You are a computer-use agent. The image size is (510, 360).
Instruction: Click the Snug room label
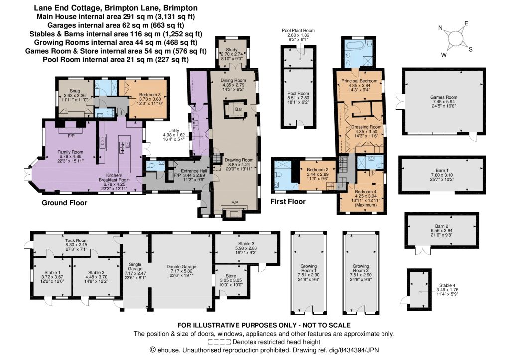(x=75, y=91)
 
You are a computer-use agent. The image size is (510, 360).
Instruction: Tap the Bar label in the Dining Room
(x=239, y=109)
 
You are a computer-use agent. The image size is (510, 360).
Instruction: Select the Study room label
(x=232, y=50)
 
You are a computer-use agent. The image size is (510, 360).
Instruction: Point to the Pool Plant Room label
(x=298, y=30)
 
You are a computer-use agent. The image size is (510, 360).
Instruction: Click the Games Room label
(x=444, y=97)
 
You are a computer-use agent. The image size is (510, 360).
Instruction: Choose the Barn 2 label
(x=442, y=226)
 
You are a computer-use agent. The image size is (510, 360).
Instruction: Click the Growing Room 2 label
(x=361, y=268)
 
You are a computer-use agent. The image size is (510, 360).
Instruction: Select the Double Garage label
(x=181, y=267)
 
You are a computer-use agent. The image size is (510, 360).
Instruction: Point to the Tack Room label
(x=76, y=240)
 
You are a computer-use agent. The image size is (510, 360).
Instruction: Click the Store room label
(x=231, y=276)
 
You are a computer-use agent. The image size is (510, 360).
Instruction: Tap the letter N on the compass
(x=440, y=28)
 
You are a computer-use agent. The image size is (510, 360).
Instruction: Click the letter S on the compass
(x=470, y=50)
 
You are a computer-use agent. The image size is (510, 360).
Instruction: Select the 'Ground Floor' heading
(x=64, y=203)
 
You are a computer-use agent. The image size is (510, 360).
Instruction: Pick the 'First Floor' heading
(x=288, y=202)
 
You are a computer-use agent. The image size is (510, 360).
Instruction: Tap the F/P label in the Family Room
(x=71, y=136)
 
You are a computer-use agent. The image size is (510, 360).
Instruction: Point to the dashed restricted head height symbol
(x=219, y=342)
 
